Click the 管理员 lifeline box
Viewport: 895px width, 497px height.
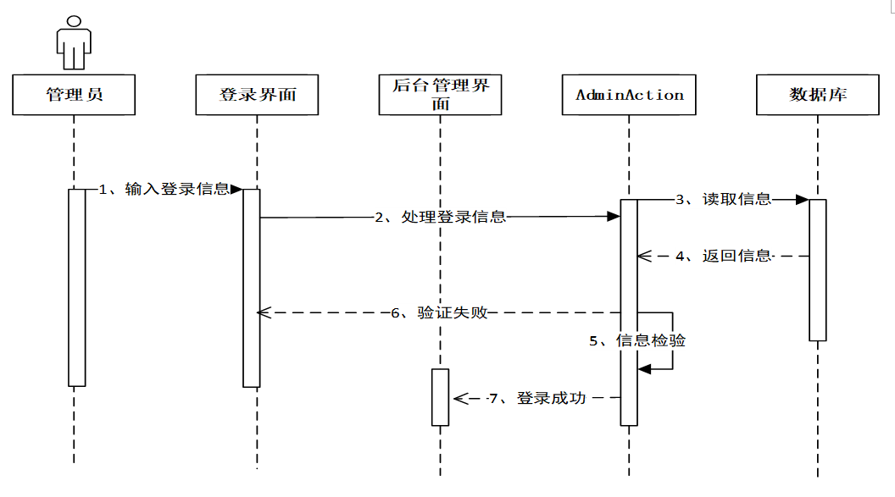74,95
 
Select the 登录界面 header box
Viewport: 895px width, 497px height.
257,95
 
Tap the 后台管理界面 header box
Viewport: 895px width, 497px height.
441,95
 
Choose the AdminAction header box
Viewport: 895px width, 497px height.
629,95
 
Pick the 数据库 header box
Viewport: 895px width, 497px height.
818,95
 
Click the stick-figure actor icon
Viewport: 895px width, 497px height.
73,42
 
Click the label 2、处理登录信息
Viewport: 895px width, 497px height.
440,217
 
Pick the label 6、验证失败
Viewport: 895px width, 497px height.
439,312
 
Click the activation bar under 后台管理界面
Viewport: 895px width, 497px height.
440,397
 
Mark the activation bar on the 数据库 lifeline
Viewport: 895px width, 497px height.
817,269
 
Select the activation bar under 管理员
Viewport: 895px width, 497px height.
77,288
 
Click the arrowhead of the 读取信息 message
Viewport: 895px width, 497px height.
802,200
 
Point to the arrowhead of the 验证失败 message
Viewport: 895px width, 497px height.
263,312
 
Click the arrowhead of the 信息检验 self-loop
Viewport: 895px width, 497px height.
644,368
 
